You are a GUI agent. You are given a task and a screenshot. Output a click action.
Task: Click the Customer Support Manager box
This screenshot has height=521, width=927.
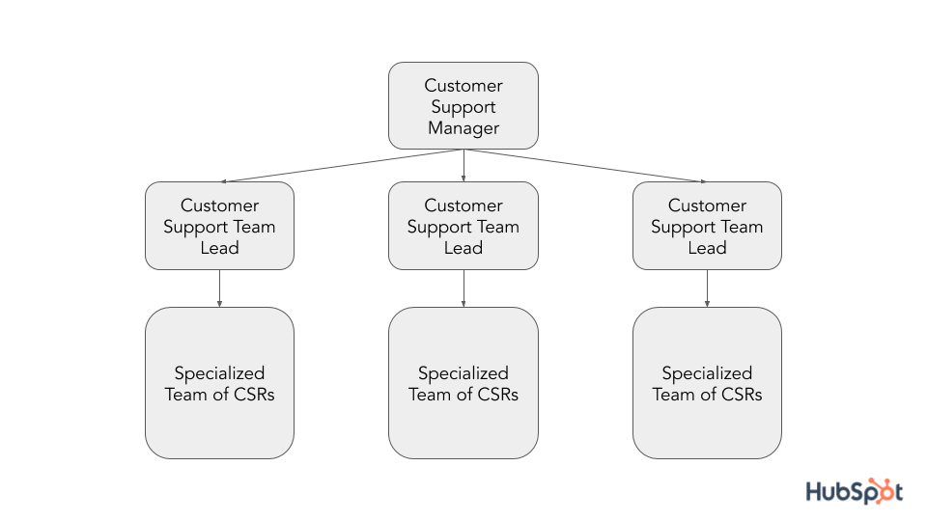463,106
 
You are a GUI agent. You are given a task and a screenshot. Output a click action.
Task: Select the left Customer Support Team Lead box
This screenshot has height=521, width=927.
219,226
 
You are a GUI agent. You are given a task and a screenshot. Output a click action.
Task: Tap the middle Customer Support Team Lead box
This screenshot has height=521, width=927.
463,226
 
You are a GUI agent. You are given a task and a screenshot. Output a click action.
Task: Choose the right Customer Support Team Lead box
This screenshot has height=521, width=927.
707,226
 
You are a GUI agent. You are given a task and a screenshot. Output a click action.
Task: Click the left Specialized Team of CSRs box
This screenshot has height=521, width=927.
219,383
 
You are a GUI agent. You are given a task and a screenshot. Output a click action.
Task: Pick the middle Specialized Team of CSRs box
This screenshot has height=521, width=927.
463,383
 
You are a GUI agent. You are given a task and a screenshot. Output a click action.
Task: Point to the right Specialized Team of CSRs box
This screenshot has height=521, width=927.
707,383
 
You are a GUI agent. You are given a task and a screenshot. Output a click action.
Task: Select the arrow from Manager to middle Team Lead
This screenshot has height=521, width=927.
463,165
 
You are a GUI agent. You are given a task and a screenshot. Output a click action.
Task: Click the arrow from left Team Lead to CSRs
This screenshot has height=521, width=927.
219,288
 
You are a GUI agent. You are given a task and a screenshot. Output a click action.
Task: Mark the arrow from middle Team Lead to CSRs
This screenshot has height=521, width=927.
463,288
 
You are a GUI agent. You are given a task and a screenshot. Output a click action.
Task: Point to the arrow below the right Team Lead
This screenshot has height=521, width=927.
707,288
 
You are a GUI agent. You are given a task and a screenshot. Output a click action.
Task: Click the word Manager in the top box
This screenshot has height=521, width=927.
463,128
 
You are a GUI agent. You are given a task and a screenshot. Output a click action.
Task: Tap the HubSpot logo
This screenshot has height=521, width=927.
855,491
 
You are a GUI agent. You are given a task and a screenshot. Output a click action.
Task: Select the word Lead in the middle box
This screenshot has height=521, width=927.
463,248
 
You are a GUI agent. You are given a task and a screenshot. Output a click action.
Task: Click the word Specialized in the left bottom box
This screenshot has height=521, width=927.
219,373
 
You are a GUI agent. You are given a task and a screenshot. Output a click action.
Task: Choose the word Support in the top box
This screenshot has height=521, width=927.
463,107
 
